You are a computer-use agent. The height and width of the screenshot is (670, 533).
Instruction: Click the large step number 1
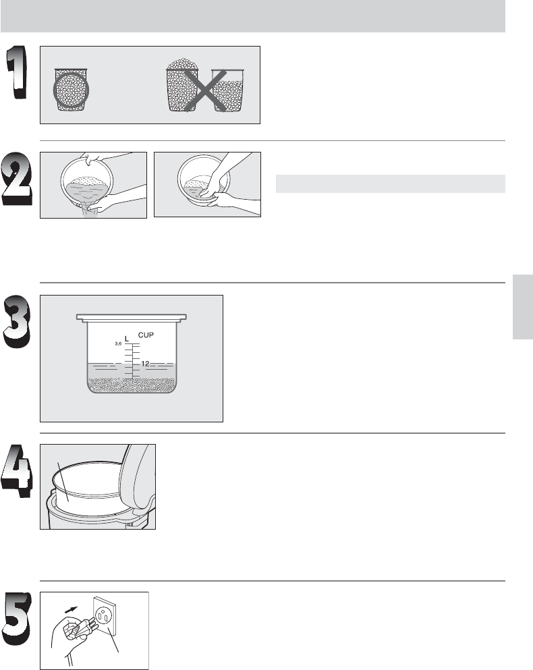17,73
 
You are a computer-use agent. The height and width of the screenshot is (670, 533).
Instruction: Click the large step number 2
17,179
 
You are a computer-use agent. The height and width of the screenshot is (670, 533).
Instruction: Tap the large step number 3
17,321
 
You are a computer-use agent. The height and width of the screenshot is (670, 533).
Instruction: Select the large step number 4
17,471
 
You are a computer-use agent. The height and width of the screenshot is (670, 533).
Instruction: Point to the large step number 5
17,619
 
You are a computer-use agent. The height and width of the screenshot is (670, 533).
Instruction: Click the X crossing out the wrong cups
205,91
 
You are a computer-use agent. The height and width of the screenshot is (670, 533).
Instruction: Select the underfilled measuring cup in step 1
227,91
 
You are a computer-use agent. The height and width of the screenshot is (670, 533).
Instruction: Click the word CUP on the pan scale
146,335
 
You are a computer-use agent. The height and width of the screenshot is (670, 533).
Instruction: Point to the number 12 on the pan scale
145,364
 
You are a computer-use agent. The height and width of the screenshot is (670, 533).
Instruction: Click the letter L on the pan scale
127,339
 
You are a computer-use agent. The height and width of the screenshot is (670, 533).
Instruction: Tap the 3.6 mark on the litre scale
118,343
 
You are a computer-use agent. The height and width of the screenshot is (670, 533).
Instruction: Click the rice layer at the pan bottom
132,385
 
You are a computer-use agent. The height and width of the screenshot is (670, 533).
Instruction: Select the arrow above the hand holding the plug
72,609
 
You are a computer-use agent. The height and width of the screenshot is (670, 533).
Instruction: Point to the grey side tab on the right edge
523,307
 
